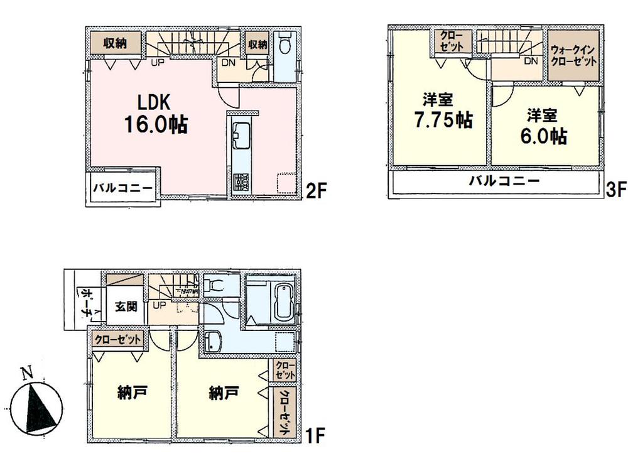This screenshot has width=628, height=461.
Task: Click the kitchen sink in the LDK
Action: [242, 134]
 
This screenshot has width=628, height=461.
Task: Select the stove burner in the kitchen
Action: [242, 182]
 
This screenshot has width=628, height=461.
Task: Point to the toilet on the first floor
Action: [215, 286]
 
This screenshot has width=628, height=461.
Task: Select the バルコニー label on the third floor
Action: [505, 182]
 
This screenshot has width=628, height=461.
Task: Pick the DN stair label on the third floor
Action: [531, 61]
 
